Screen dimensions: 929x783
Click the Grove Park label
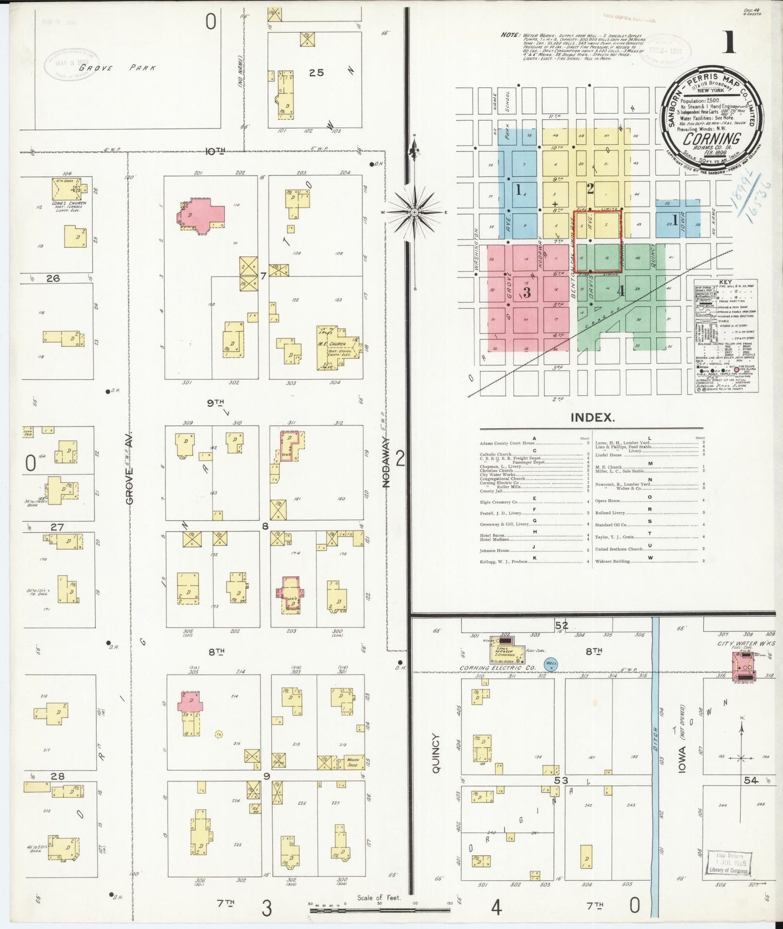tap(117, 68)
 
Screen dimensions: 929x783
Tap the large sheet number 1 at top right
tap(729, 42)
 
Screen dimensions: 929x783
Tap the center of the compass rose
tap(415, 212)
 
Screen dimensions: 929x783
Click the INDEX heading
tap(592, 417)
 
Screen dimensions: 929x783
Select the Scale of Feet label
tap(379, 898)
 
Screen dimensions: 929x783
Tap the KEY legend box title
tap(725, 282)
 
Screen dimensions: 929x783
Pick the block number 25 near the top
tap(316, 72)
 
